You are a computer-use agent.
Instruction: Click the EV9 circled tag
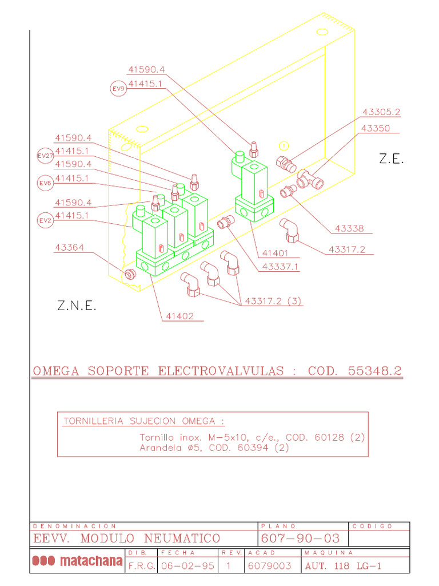(118, 89)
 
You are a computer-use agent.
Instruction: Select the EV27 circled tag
(45, 156)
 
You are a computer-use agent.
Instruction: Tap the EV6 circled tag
(45, 183)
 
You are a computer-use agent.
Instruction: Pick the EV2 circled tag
(45, 220)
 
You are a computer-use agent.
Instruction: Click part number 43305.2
(381, 113)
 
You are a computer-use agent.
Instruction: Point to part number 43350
(376, 129)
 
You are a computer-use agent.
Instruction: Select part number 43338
(349, 229)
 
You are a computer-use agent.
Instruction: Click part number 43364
(69, 248)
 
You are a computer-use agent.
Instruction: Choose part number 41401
(275, 253)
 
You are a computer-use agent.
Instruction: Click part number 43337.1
(280, 267)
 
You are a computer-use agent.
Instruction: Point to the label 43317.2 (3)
(273, 301)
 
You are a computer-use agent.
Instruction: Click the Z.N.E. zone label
(77, 306)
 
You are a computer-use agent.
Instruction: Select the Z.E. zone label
(391, 160)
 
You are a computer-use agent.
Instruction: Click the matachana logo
(77, 561)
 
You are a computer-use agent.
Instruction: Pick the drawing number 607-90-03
(300, 539)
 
